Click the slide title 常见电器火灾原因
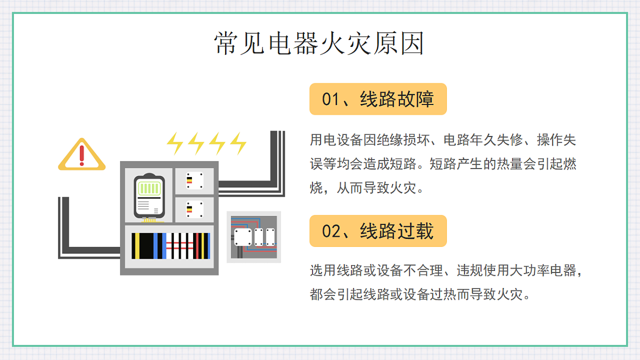(319, 43)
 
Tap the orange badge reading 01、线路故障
(378, 99)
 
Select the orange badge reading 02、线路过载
(378, 231)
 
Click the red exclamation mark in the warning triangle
(82, 156)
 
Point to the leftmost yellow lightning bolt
(175, 143)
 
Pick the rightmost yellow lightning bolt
(238, 143)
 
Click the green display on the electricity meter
(149, 189)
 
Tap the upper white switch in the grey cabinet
(195, 181)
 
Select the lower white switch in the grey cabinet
(195, 210)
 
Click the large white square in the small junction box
(243, 237)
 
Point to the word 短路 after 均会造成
(403, 164)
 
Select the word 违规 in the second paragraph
(470, 270)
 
